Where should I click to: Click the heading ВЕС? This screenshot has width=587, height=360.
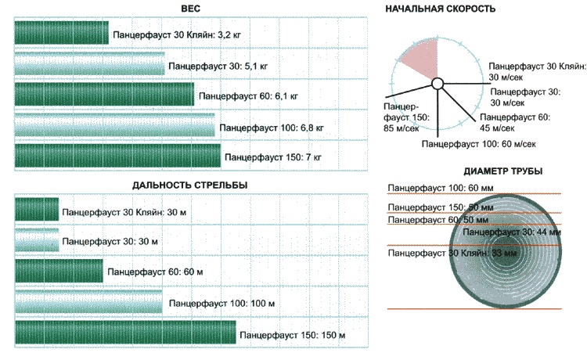[x=191, y=9]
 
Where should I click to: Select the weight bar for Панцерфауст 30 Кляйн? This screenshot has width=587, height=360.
[x=61, y=33]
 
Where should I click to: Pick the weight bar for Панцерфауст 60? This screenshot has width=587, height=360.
[x=104, y=95]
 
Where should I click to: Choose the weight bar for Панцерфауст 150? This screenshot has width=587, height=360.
[x=117, y=156]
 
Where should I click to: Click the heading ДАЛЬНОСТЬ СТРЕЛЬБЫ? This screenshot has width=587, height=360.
[x=191, y=185]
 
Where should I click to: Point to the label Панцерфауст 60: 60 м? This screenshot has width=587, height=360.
[x=155, y=272]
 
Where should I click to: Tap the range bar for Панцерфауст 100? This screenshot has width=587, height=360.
[x=88, y=303]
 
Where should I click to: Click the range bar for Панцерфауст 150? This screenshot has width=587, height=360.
[x=125, y=333]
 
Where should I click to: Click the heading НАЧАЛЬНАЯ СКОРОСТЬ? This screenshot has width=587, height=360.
[x=441, y=9]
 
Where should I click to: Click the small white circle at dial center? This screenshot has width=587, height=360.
[x=438, y=83]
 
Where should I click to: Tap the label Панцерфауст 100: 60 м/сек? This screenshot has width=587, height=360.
[x=477, y=145]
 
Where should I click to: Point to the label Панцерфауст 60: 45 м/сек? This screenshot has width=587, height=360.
[x=516, y=122]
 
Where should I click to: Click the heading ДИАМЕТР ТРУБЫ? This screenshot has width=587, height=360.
[x=504, y=171]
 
